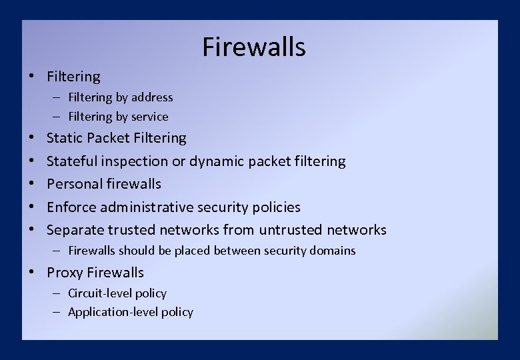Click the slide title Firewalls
[254, 47]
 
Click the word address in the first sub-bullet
[152, 97]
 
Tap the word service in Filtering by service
[150, 117]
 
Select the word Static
[65, 138]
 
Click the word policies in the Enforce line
[276, 207]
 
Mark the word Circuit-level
[99, 293]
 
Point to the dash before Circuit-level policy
[58, 293]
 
